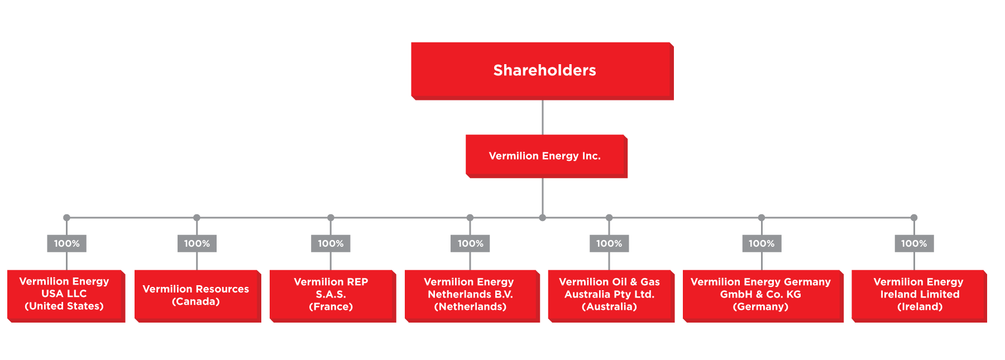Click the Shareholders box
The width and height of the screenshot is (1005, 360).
pos(542,71)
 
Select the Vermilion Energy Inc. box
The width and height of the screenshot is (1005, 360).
pos(546,156)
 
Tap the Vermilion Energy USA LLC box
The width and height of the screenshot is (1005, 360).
pos(66,296)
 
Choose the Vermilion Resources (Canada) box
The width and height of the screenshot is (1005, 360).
pos(198,296)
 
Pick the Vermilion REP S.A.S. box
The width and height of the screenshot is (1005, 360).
pos(333,296)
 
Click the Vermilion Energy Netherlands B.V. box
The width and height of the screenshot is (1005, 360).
pos(472,296)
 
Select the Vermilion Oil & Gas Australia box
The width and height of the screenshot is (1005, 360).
pos(611,296)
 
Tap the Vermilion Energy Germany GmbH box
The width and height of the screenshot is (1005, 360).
pos(763,296)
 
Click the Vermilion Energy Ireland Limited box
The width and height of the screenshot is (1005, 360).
pos(919,296)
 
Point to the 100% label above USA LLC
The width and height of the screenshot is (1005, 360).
pos(66,243)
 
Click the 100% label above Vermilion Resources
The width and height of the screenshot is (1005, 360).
pos(197,243)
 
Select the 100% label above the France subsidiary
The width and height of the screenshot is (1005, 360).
pos(331,243)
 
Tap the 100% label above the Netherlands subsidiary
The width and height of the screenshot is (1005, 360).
pos(470,243)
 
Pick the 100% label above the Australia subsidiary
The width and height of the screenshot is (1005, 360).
pos(609,243)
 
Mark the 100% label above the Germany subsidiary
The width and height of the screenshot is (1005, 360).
pos(762,243)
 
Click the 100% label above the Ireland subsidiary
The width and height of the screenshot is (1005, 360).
pos(914,243)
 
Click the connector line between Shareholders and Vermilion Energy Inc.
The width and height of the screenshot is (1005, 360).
pos(543,117)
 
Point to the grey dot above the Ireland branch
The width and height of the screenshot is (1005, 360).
pos(914,218)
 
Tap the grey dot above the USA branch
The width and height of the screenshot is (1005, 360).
pos(66,218)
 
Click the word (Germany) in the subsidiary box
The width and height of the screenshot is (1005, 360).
pos(760,306)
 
